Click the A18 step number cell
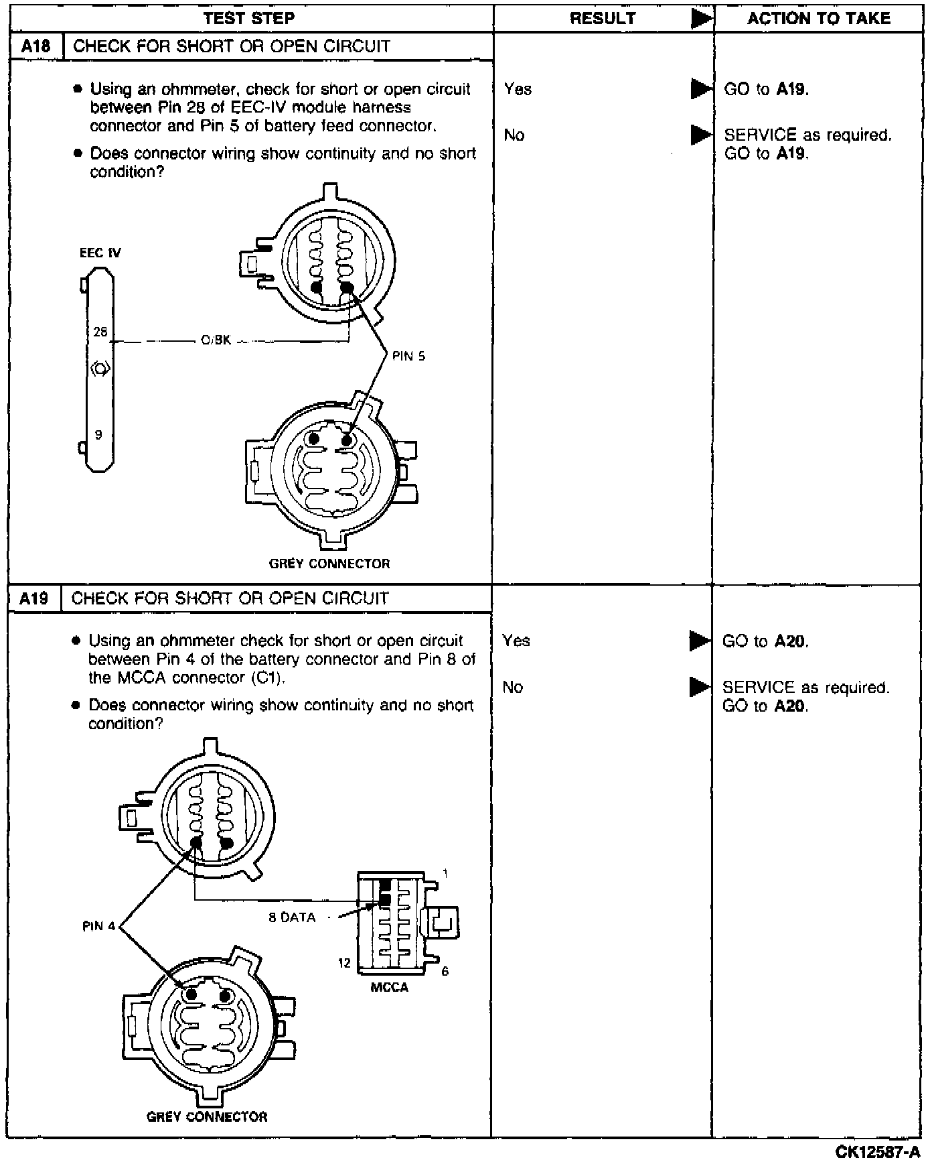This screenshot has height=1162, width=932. coord(36,46)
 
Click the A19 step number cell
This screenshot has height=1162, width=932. coord(34,598)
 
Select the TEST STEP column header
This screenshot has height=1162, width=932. coord(249,18)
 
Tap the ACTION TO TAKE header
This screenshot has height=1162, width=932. coord(819,18)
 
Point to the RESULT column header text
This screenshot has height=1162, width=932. coord(603,18)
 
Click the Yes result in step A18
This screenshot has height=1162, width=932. coord(518,88)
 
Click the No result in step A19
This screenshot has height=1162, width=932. coord(512,687)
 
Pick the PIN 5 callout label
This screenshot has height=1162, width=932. coord(408,357)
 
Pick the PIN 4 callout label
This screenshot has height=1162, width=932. coord(98,926)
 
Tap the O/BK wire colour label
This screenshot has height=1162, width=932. coord(216,340)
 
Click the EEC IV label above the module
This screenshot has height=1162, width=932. coord(100,253)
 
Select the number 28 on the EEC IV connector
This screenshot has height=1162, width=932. coord(100,332)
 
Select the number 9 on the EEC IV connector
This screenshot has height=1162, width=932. coord(98,435)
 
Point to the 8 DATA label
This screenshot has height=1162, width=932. coord(292,917)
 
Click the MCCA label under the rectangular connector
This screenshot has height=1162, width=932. coord(389,987)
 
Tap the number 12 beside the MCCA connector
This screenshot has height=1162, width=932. coord(344,963)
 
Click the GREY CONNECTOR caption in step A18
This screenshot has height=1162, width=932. coord(329,564)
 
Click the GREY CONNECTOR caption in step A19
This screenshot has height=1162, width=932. coord(207,1116)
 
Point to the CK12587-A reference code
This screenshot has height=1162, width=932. coord(877,1151)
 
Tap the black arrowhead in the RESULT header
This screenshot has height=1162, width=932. coord(701,19)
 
